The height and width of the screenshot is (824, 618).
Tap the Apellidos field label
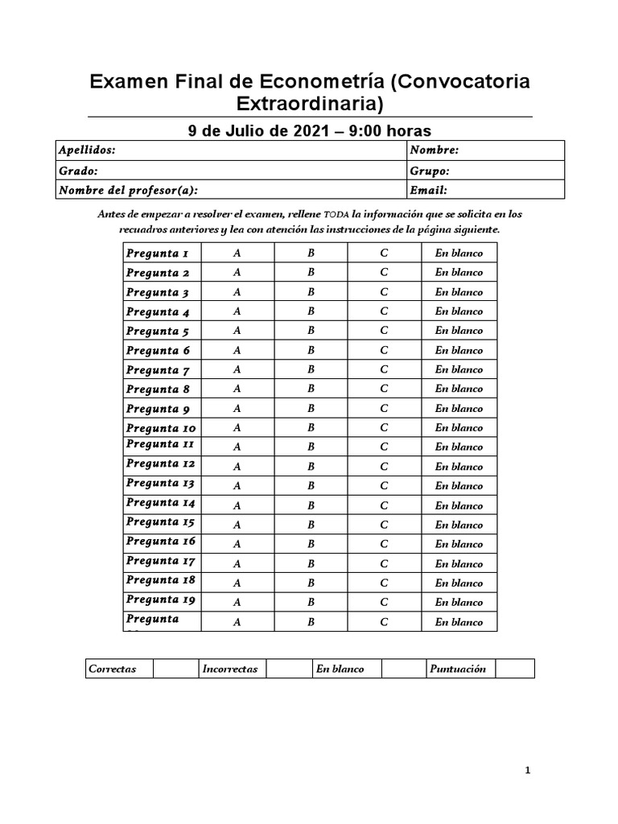[x=87, y=150]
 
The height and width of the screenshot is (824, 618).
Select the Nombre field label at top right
[x=434, y=150]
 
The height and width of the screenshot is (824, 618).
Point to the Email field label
[x=428, y=191]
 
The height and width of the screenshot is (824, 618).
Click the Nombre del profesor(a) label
[x=128, y=191]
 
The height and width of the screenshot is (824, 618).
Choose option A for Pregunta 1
[x=237, y=253]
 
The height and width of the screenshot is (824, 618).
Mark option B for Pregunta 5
[x=311, y=331]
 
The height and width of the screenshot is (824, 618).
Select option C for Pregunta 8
[x=384, y=389]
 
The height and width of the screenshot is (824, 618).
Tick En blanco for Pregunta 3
[x=459, y=292]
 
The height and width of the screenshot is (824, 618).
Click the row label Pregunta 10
[x=161, y=428]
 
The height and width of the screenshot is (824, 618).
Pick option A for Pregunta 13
[x=237, y=486]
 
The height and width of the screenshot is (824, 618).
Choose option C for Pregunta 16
[x=384, y=544]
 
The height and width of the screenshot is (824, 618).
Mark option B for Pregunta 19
[x=311, y=602]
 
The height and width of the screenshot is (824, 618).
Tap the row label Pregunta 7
[x=158, y=370]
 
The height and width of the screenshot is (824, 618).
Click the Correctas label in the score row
[x=113, y=669]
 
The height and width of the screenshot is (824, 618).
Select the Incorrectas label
[x=230, y=669]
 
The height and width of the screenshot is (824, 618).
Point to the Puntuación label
[x=458, y=669]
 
